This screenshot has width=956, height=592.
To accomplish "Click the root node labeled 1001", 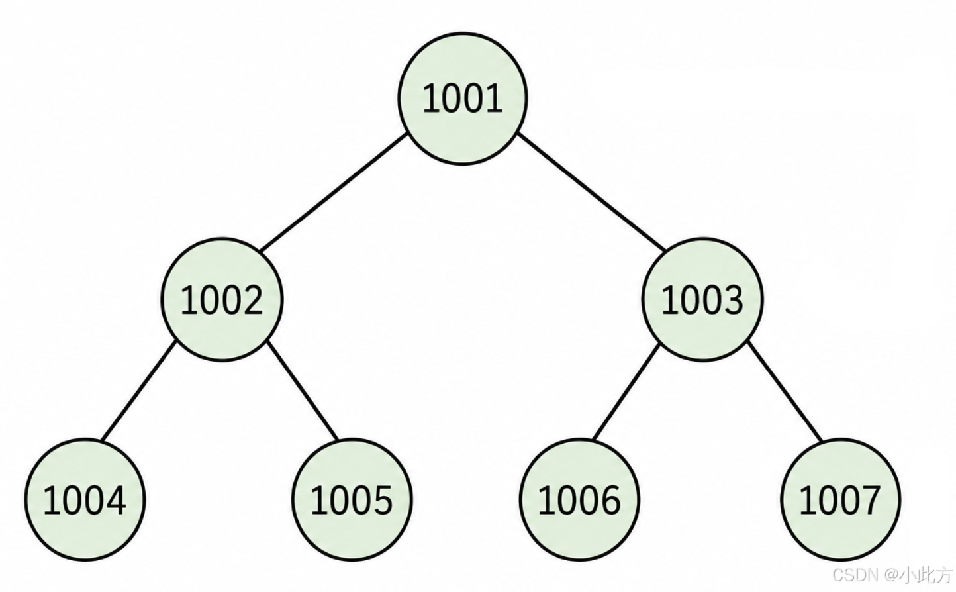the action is tap(463, 99).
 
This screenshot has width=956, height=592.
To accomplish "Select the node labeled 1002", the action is tap(222, 299).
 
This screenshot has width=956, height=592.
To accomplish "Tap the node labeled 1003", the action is tap(702, 299).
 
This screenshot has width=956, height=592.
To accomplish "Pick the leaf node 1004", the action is tap(85, 499).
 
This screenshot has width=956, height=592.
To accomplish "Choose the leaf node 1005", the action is tap(352, 499).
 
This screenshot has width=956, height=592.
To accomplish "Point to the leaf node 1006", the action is tap(579, 499).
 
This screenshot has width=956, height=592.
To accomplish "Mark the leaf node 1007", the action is tap(841, 499).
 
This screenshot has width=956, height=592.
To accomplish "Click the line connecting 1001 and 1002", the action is tap(334, 192).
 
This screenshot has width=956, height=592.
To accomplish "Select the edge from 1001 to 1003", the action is tap(591, 192).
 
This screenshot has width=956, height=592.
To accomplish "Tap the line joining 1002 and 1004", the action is tap(138, 391).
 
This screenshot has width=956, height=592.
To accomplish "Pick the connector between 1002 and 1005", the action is tap(303, 391).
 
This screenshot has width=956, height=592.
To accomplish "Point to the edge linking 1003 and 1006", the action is tap(626, 391).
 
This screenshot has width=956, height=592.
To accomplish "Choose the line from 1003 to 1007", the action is tap(785, 391).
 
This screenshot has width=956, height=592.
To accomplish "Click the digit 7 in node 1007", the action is tap(870, 500).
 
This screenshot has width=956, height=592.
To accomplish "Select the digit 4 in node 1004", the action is tap(115, 500).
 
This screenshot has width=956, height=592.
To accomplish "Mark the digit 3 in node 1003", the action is tap(732, 301).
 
